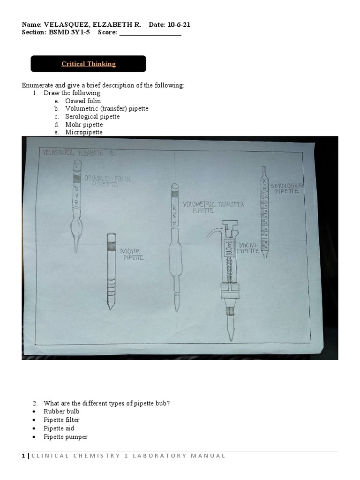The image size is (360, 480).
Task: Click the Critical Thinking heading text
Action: click(89, 64)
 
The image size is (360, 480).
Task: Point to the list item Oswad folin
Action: click(83, 101)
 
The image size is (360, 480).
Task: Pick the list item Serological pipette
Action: click(92, 117)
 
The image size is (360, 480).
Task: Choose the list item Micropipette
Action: click(84, 133)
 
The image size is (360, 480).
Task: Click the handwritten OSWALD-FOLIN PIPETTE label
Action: click(107, 181)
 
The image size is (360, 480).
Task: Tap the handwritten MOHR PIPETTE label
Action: click(132, 254)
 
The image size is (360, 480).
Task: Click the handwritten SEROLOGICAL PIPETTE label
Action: click(287, 188)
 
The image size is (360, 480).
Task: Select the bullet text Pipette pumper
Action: click(66, 437)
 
